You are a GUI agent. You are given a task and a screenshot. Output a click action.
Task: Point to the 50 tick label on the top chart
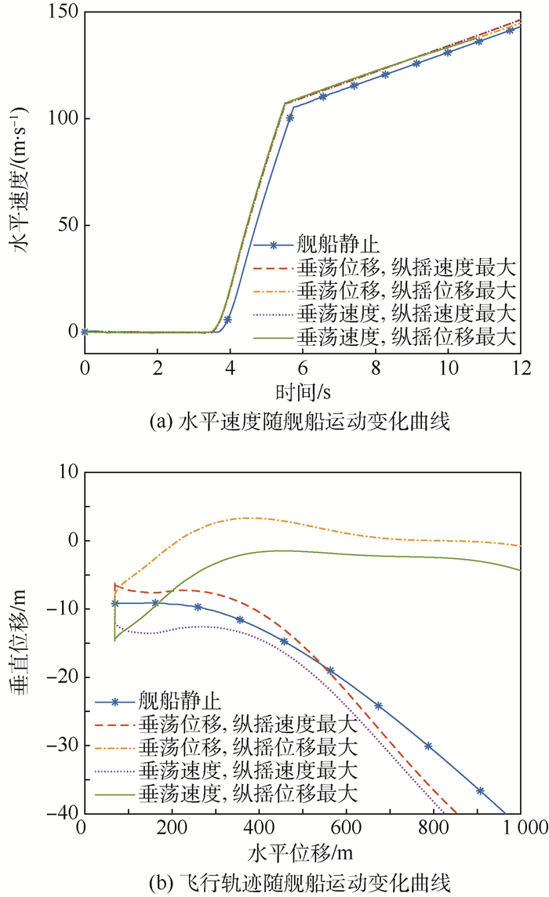[x=67, y=225]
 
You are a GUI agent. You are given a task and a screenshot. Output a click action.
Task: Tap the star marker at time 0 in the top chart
[x=85, y=332]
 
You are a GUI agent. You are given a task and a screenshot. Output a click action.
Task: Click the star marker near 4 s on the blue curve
[x=227, y=320]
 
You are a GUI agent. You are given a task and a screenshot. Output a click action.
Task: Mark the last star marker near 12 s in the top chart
[x=510, y=30]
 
